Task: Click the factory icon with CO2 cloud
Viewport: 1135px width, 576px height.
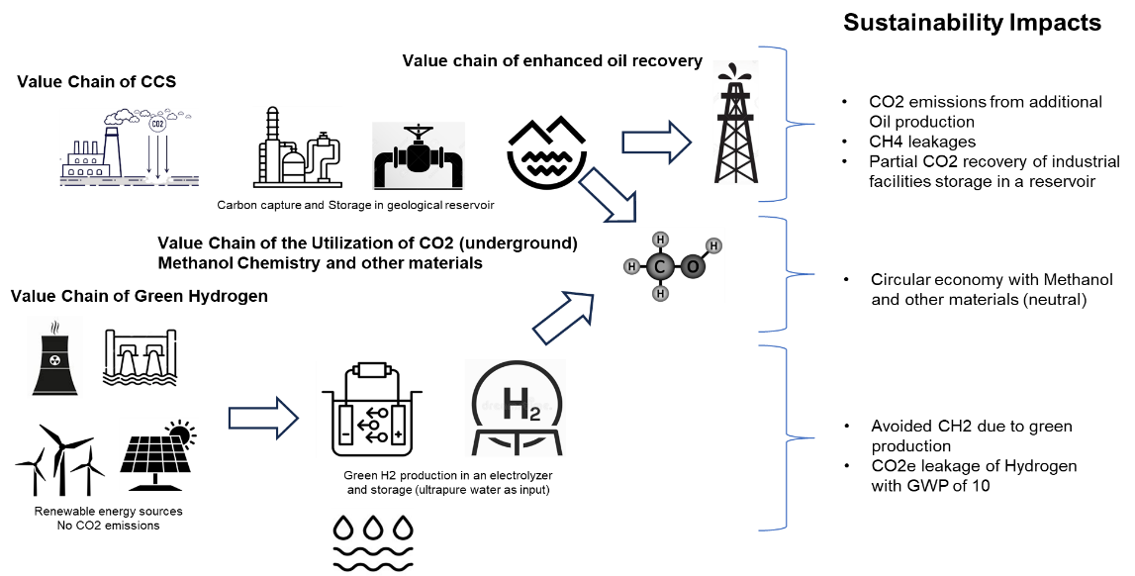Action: (x=129, y=146)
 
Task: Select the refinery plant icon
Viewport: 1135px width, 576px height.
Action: (x=297, y=145)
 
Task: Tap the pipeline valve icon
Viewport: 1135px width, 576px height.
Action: (x=418, y=155)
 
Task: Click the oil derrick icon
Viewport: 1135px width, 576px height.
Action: (x=735, y=123)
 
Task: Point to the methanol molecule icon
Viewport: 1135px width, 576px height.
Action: (x=673, y=264)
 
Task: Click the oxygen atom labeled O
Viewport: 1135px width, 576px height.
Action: (x=693, y=265)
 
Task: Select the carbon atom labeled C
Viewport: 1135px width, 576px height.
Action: (x=660, y=265)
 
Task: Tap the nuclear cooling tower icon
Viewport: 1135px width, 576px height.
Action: (x=54, y=357)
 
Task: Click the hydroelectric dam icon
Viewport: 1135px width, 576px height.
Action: (x=141, y=357)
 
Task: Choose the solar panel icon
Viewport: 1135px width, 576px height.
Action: (x=158, y=454)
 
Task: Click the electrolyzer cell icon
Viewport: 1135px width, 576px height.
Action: (x=372, y=410)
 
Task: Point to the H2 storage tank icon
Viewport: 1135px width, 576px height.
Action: (x=515, y=408)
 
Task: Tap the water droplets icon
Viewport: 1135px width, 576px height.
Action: (x=372, y=541)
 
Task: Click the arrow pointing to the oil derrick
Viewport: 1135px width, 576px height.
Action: (x=656, y=143)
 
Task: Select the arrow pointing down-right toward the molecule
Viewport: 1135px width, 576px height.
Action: (x=608, y=195)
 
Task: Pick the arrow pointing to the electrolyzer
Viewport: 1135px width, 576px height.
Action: (x=262, y=418)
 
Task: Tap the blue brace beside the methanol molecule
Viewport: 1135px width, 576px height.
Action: (x=788, y=274)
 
